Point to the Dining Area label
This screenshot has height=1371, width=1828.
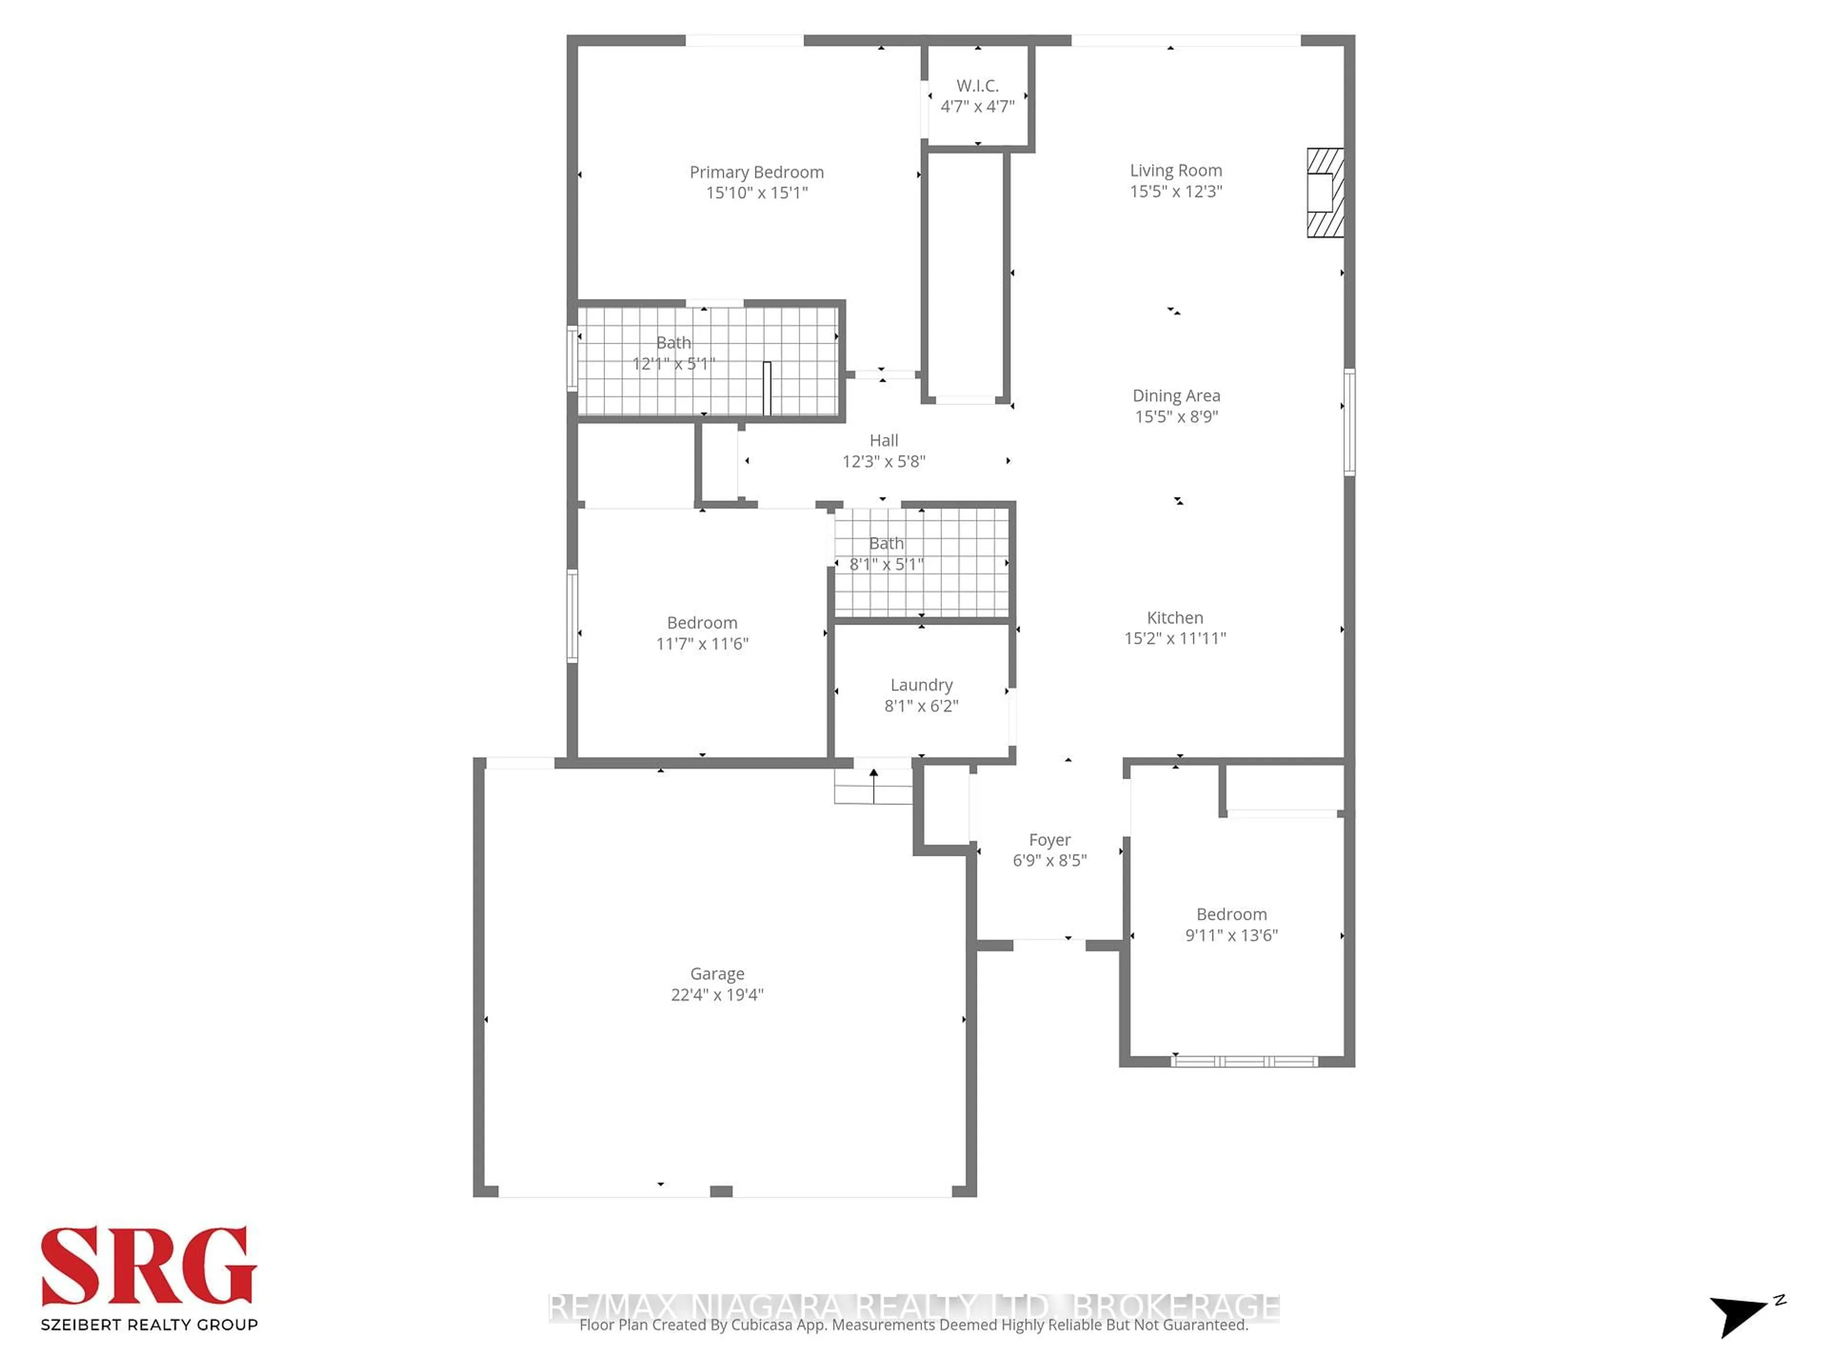pos(1175,396)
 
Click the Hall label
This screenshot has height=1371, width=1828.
pos(884,440)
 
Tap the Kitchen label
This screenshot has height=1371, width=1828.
pos(1174,617)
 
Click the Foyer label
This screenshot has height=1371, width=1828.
pos(1050,840)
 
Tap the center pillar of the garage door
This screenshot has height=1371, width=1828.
pos(721,1191)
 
